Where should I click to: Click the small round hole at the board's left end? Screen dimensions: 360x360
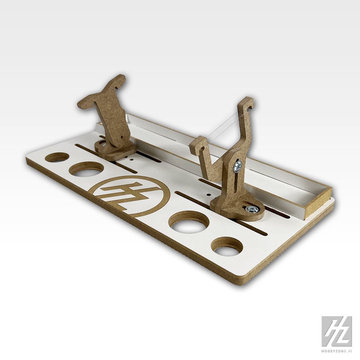58,157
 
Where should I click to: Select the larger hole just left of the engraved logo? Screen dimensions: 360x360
86,169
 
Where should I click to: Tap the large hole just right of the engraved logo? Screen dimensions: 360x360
189,222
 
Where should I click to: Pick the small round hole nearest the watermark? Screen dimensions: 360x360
227,247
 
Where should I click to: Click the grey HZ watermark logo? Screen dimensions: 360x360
337,331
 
